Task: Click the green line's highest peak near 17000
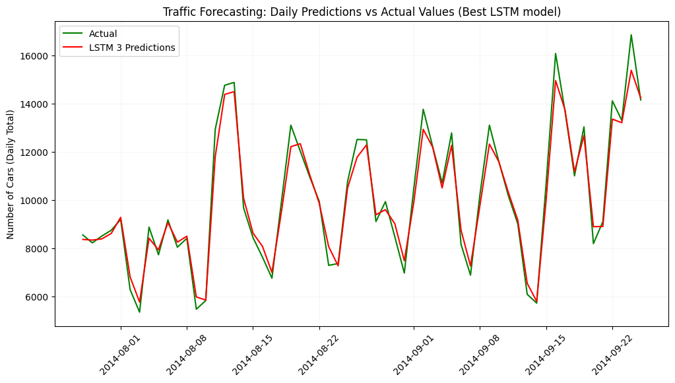pyautogui.click(x=631, y=35)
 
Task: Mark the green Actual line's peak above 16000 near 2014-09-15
pyautogui.click(x=556, y=53)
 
